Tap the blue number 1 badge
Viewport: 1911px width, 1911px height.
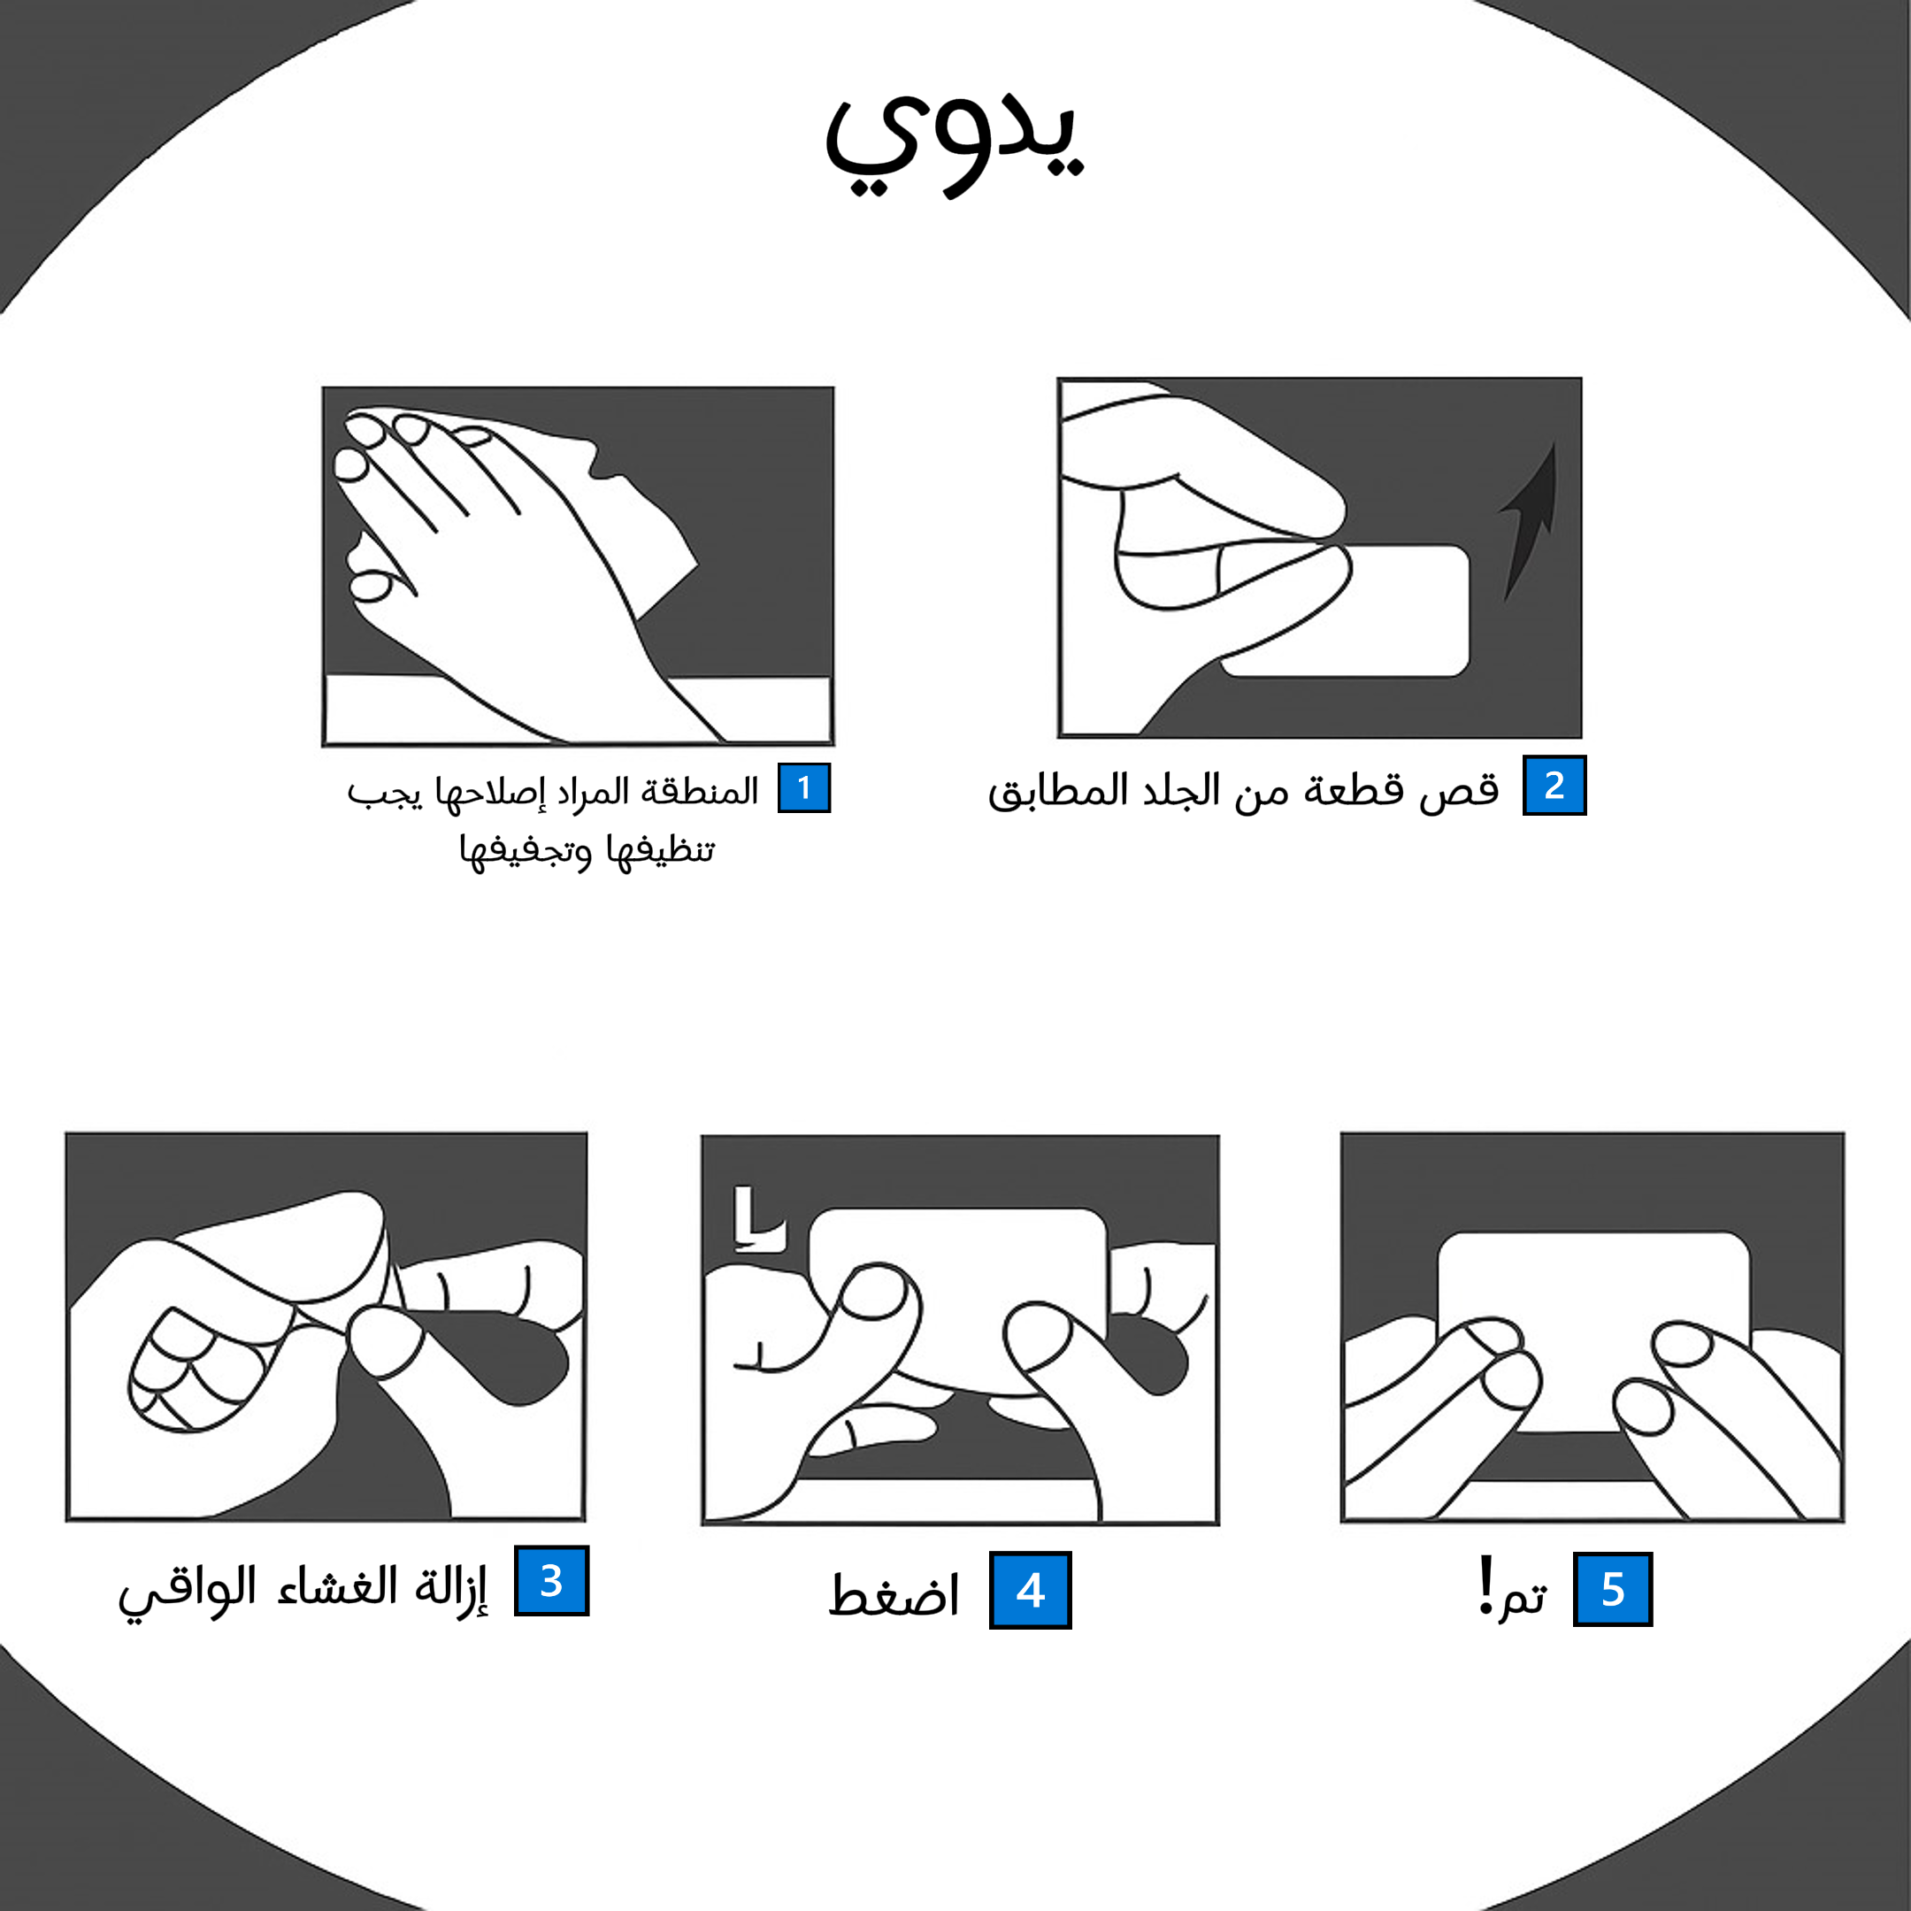point(803,788)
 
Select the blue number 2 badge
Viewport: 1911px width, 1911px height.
point(1553,786)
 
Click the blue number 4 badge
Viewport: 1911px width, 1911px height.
point(1030,1591)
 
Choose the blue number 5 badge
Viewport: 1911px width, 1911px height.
point(1612,1590)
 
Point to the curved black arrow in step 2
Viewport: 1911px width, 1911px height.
point(1528,519)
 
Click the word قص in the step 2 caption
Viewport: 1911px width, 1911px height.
point(1459,789)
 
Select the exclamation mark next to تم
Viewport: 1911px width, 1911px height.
point(1485,1585)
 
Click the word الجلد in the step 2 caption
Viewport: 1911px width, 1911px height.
point(1181,790)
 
